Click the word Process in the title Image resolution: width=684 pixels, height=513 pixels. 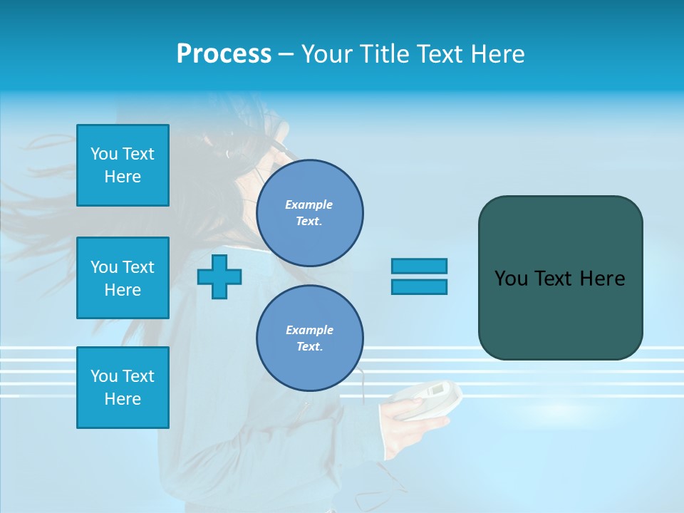click(x=224, y=54)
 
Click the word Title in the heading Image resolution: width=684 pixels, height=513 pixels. click(x=381, y=54)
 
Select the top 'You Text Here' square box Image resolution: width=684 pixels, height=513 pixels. click(x=123, y=165)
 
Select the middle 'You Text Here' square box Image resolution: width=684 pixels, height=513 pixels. click(x=123, y=278)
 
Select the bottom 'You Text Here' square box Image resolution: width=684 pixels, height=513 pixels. click(x=123, y=388)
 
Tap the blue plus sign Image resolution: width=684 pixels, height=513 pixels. click(x=219, y=276)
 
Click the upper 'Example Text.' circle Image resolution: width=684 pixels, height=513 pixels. click(x=310, y=213)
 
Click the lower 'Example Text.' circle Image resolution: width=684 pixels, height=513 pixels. click(x=310, y=338)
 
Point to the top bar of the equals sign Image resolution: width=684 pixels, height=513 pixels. click(x=419, y=266)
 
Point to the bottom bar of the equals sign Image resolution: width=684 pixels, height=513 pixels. click(x=419, y=287)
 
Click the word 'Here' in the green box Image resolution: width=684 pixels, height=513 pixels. click(x=602, y=279)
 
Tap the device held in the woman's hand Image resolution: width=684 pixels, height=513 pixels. click(x=427, y=395)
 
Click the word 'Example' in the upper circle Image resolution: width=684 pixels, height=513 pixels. click(x=309, y=204)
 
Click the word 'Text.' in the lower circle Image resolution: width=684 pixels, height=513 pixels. click(x=310, y=347)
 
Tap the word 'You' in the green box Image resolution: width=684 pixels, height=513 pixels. click(x=511, y=279)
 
